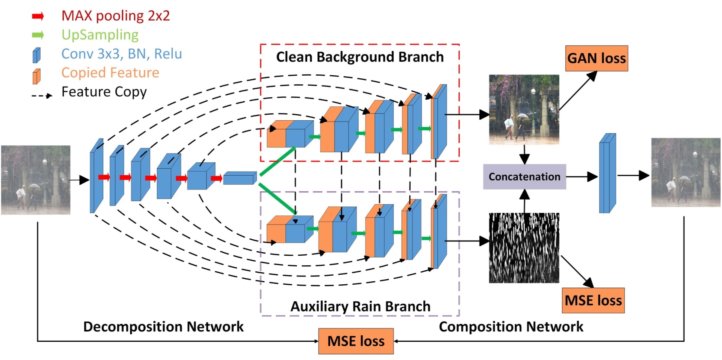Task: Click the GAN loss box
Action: tap(596, 58)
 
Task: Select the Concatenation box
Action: tap(524, 177)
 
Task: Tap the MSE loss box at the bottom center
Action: tap(356, 341)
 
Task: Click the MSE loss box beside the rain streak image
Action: tap(593, 300)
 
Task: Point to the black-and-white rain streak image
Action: tap(524, 247)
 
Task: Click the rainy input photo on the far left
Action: tap(35, 180)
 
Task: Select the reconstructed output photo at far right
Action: tap(686, 172)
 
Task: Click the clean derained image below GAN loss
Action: tap(524, 109)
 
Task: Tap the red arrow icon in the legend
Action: tap(38, 16)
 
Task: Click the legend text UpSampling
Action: tap(100, 35)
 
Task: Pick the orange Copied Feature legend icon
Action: tap(37, 76)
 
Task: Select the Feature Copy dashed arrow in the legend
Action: tap(42, 95)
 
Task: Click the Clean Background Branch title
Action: tap(360, 57)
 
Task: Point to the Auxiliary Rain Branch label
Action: tap(360, 306)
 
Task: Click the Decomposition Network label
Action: tap(163, 327)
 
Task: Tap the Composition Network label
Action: tap(511, 327)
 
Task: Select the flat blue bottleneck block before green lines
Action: tap(240, 178)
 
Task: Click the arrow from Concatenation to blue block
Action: tap(581, 177)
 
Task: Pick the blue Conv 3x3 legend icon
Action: tap(37, 55)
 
